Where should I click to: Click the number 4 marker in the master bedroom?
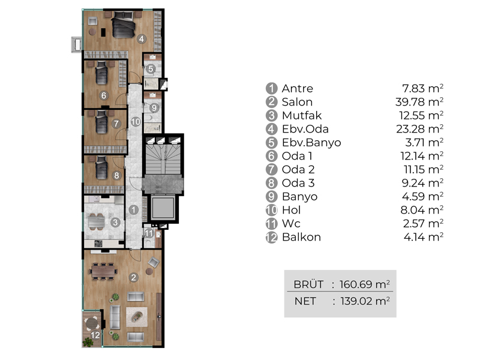click(x=141, y=39)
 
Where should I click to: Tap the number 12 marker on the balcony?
click(x=95, y=335)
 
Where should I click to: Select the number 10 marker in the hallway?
click(x=136, y=122)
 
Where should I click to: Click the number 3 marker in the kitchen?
click(x=115, y=222)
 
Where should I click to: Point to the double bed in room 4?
click(x=123, y=25)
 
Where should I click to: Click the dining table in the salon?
click(x=104, y=271)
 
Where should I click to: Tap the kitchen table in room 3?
click(x=97, y=221)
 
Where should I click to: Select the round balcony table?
click(x=92, y=323)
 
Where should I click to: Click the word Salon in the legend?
click(x=297, y=102)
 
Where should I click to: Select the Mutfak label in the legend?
click(x=302, y=115)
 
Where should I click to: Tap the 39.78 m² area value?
click(x=419, y=101)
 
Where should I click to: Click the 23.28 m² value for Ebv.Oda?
click(x=419, y=128)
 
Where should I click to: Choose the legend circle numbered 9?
click(x=271, y=197)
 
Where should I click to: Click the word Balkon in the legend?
click(x=301, y=237)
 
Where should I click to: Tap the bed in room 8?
click(x=101, y=167)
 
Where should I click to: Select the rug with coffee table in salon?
click(x=137, y=317)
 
